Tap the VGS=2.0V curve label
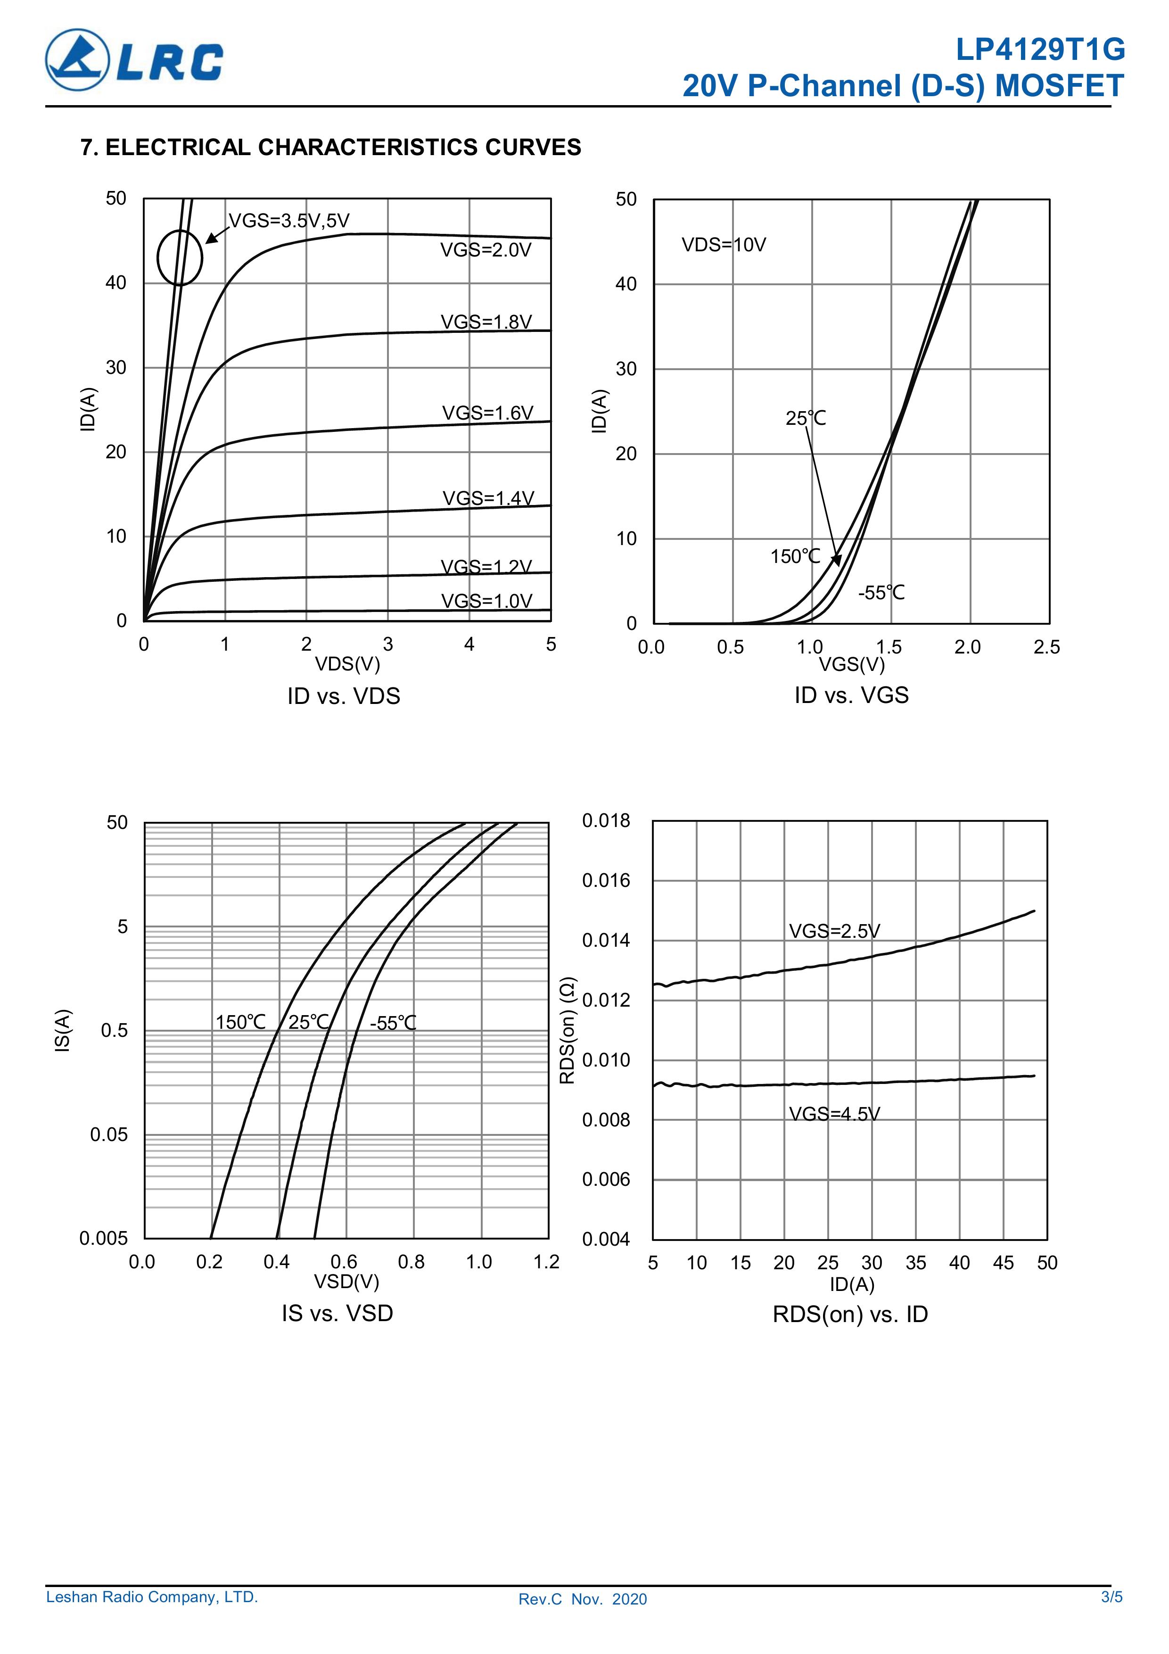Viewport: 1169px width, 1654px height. pyautogui.click(x=486, y=250)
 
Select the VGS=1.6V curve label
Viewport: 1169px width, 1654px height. pyautogui.click(x=487, y=413)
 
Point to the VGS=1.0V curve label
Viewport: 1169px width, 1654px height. pyautogui.click(x=486, y=601)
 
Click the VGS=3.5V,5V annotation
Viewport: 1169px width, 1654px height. pyautogui.click(x=289, y=221)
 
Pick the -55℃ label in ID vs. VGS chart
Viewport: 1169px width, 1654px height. pyautogui.click(x=881, y=593)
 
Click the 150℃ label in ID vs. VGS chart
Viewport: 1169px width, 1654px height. pyautogui.click(x=795, y=556)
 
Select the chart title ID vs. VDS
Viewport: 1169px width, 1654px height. pyautogui.click(x=344, y=696)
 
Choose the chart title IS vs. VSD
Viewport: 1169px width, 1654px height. pyautogui.click(x=337, y=1313)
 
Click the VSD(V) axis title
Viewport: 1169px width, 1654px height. pyautogui.click(x=346, y=1282)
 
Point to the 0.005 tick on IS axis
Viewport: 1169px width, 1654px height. pyautogui.click(x=104, y=1238)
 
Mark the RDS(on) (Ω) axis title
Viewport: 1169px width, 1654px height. pyautogui.click(x=568, y=1030)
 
